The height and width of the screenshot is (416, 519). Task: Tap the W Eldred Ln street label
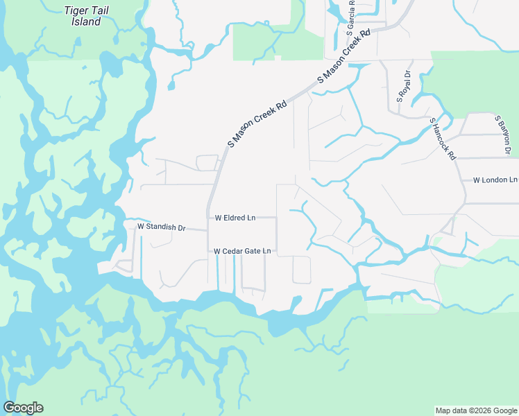[x=235, y=218]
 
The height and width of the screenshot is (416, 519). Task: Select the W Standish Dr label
[x=162, y=227]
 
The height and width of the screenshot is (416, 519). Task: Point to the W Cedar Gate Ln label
[x=241, y=251]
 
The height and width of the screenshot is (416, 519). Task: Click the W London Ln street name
[x=495, y=180]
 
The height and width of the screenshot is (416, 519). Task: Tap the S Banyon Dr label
[x=503, y=136]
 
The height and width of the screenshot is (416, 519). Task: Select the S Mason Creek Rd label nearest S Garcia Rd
[x=344, y=57]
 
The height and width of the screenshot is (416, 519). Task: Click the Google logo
[x=23, y=408]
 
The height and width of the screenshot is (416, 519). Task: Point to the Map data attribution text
[x=475, y=410]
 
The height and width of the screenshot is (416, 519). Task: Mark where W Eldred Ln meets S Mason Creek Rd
[x=208, y=217]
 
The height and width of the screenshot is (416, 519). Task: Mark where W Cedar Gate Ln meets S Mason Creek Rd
[x=208, y=251]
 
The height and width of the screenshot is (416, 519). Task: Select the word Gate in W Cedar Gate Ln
[x=252, y=251]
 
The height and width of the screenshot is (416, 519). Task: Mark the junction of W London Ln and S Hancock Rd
[x=463, y=180]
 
